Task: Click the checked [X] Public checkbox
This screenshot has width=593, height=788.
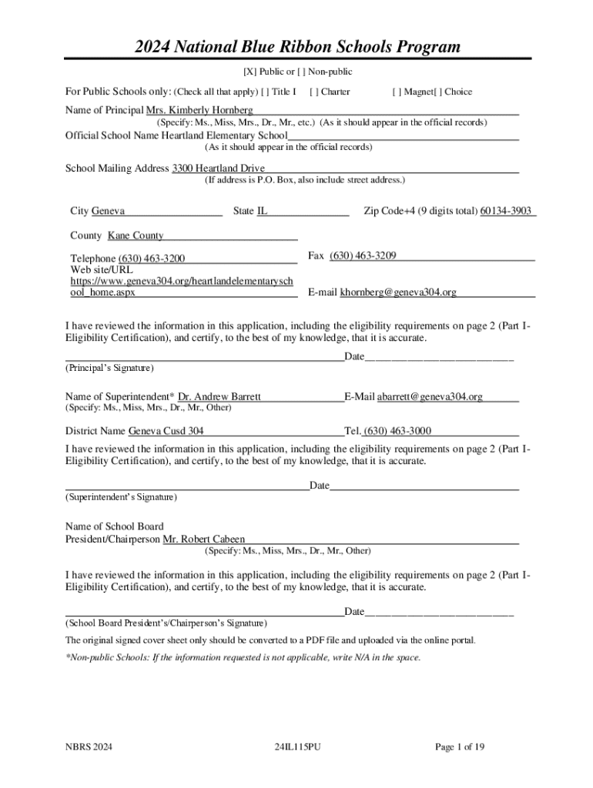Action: pyautogui.click(x=250, y=72)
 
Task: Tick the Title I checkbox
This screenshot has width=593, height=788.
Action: pyautogui.click(x=265, y=92)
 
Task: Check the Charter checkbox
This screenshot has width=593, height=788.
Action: pyautogui.click(x=313, y=92)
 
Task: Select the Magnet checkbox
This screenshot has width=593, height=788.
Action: pyautogui.click(x=395, y=92)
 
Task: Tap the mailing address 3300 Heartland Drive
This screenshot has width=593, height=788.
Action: pyautogui.click(x=218, y=168)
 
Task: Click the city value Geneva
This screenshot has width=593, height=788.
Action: pyautogui.click(x=109, y=211)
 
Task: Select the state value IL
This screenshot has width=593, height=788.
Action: pyautogui.click(x=262, y=211)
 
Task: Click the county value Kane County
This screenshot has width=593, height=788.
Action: pyautogui.click(x=136, y=235)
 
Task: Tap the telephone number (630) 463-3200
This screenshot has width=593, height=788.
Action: pyautogui.click(x=152, y=259)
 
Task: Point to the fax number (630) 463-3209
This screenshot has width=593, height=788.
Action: pyautogui.click(x=363, y=255)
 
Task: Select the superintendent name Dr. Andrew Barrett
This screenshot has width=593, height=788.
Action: pyautogui.click(x=219, y=396)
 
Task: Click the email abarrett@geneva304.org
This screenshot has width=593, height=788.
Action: pyautogui.click(x=430, y=396)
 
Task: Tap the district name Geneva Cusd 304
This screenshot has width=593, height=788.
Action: pyautogui.click(x=166, y=431)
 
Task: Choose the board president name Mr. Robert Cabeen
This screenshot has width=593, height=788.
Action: pyautogui.click(x=204, y=539)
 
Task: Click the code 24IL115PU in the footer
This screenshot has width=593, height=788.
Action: pyautogui.click(x=296, y=747)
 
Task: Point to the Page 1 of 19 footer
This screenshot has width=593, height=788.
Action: pyautogui.click(x=460, y=747)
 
